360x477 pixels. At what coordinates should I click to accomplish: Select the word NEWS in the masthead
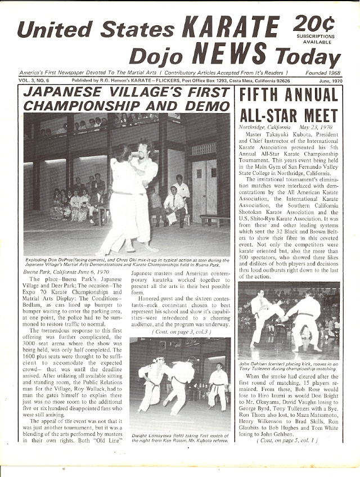[227, 55]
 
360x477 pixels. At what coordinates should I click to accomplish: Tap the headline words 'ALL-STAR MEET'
[289, 115]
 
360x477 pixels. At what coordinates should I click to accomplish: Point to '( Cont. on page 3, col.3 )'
[181, 332]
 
